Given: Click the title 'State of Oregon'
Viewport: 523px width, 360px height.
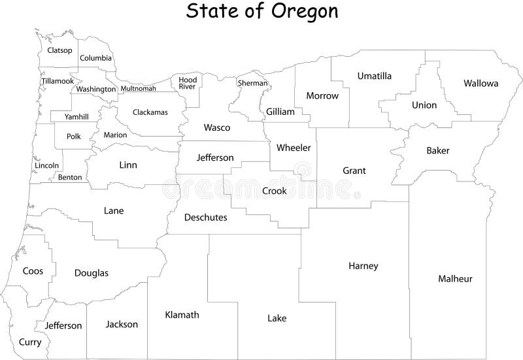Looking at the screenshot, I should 261,11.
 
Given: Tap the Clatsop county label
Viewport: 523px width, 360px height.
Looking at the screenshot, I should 59,50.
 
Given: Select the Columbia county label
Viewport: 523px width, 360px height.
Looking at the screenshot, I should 95,58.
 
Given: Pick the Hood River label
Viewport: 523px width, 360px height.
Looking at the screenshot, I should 188,83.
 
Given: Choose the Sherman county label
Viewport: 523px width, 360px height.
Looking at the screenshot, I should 252,84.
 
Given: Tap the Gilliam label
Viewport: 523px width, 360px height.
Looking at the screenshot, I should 280,112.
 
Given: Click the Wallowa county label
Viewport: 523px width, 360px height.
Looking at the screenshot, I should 481,84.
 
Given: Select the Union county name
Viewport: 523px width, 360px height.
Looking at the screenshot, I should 424,105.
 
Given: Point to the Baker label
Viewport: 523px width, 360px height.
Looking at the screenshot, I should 438,151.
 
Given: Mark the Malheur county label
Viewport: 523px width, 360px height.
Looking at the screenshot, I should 455,279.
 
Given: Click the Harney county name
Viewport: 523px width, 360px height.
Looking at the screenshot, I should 363,266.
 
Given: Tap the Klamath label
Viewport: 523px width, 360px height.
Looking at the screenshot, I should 182,315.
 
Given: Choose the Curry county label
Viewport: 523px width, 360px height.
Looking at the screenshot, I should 30,342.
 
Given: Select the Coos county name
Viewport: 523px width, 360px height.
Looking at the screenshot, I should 33,270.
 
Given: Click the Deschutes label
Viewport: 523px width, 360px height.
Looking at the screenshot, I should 206,218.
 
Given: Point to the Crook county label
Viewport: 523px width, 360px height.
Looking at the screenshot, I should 274,191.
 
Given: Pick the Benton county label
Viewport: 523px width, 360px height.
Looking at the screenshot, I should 70,178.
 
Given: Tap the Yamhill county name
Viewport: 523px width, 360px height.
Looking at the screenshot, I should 76,117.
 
